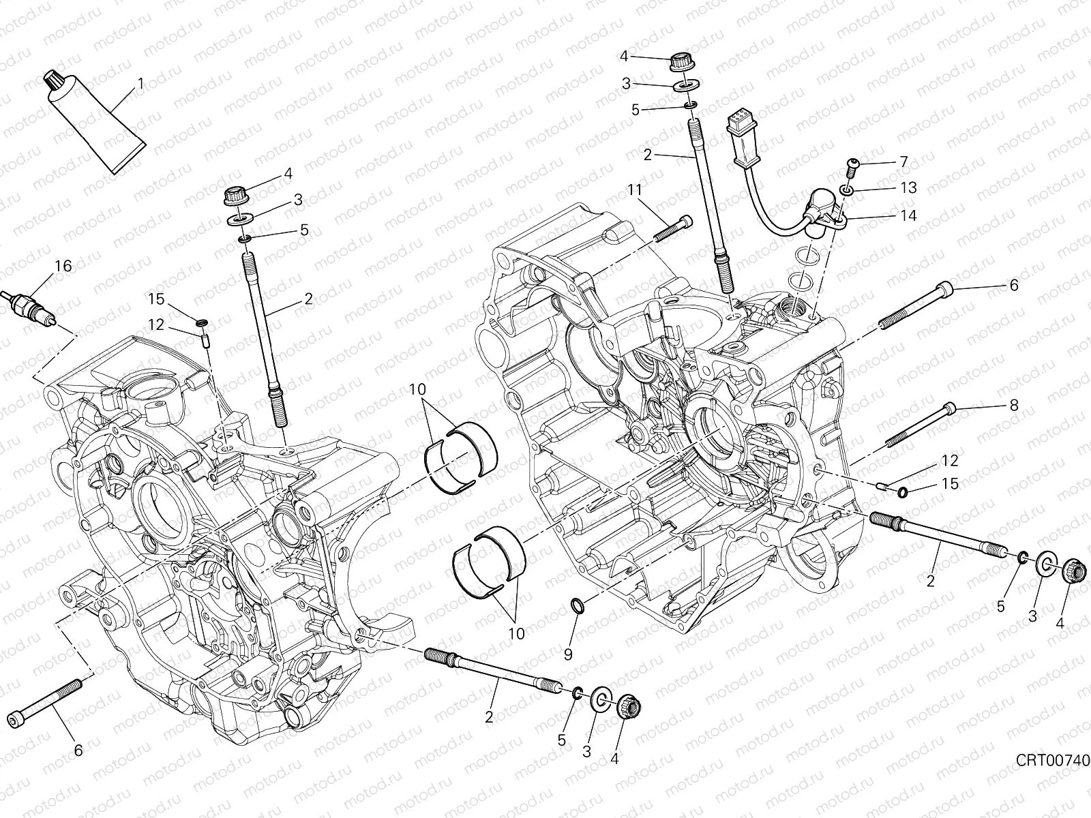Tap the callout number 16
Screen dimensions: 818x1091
coord(62,267)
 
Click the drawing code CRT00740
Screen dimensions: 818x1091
coord(1052,759)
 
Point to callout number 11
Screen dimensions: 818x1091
coord(635,190)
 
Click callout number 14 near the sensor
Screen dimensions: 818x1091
coord(908,216)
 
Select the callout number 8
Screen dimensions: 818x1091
coord(1013,406)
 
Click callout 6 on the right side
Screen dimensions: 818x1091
coord(1013,286)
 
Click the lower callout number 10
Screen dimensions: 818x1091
coord(516,633)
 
